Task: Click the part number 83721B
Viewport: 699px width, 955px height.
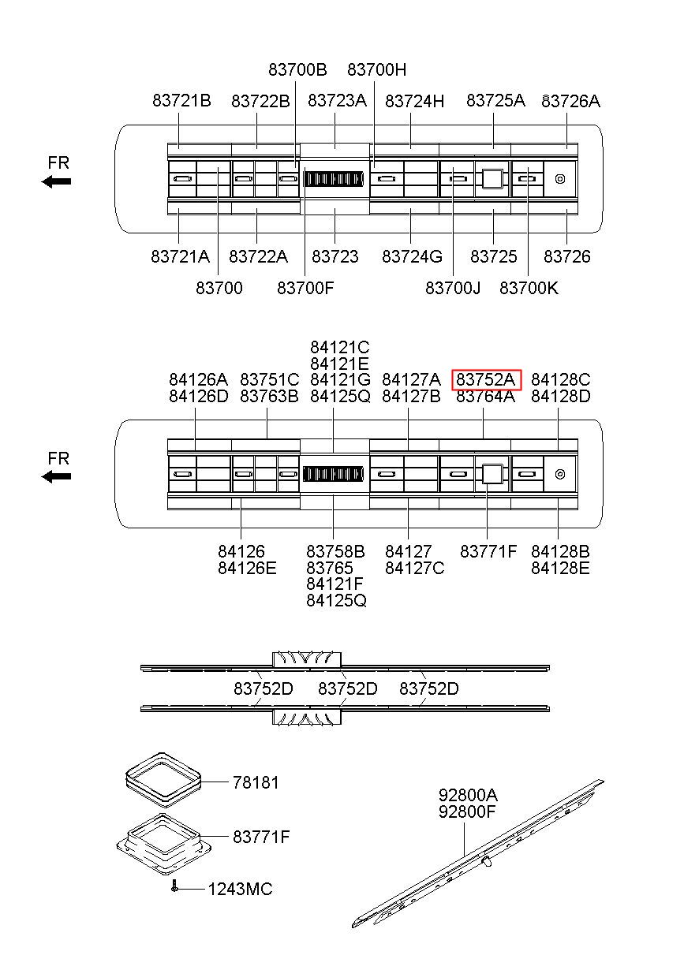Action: point(181,101)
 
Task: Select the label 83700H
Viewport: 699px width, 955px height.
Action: point(376,69)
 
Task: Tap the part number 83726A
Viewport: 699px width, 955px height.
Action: point(570,101)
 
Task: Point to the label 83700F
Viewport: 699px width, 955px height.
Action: point(305,289)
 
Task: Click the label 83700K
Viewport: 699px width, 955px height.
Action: point(528,289)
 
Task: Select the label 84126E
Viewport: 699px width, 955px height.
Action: point(247,568)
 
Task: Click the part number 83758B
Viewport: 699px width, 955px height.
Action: point(335,551)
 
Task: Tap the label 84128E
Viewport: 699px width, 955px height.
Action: point(560,568)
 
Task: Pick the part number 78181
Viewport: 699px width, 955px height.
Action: point(256,783)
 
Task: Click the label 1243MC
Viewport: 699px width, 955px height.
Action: point(240,890)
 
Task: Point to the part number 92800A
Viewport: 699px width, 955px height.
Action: point(468,795)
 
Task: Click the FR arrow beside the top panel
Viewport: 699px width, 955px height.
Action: point(57,181)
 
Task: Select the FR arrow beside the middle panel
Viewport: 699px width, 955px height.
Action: point(57,476)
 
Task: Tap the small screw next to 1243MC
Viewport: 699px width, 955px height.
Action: point(174,887)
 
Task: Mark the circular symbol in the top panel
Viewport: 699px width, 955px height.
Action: point(559,178)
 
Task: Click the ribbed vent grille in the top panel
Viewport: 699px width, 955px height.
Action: point(334,179)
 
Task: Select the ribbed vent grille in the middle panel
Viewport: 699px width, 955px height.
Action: point(334,474)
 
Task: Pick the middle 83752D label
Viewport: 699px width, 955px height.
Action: point(347,689)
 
